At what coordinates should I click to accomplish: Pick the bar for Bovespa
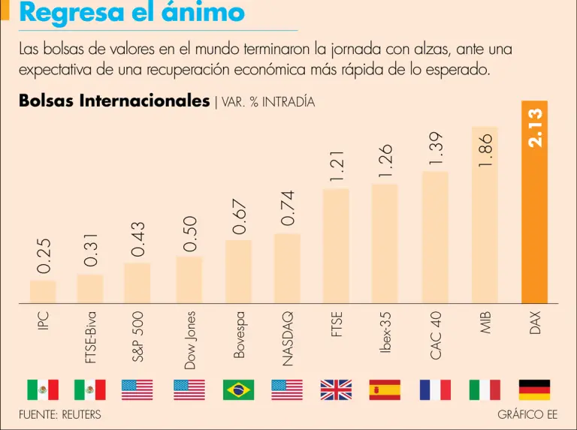(x=239, y=272)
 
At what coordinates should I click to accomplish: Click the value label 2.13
(x=536, y=128)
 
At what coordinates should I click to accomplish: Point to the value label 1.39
(x=437, y=149)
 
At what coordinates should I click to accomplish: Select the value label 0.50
(x=190, y=234)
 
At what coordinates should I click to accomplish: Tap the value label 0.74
(x=288, y=209)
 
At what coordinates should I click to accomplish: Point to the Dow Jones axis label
(x=190, y=340)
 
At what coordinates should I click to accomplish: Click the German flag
(x=534, y=389)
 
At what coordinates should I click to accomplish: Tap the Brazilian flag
(x=238, y=389)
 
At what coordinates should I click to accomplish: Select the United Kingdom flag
(x=336, y=389)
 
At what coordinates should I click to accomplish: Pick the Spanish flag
(x=385, y=389)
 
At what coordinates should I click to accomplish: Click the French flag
(x=435, y=389)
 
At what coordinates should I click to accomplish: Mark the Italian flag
(x=485, y=389)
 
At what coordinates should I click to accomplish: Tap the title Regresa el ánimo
(x=131, y=13)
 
